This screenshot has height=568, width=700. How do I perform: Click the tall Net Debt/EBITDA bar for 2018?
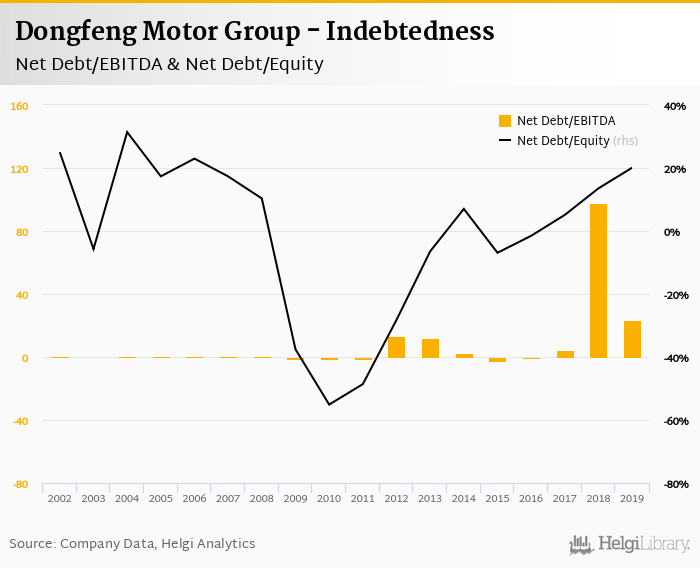(x=598, y=281)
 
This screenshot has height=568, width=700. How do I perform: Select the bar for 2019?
(x=632, y=340)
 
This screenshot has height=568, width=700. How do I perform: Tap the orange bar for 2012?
(x=396, y=348)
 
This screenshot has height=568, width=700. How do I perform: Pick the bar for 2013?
(x=430, y=349)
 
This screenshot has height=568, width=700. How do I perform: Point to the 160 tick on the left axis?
(x=20, y=106)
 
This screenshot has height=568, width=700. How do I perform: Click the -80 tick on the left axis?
(x=20, y=484)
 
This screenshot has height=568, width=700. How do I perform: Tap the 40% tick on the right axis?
(x=674, y=106)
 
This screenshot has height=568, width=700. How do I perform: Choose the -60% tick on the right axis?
(x=673, y=421)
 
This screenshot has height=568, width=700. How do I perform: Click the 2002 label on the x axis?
(x=59, y=498)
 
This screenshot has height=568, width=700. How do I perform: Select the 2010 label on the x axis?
(x=329, y=498)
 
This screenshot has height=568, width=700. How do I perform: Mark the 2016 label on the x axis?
(x=531, y=498)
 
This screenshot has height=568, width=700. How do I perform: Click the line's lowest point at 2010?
(x=329, y=405)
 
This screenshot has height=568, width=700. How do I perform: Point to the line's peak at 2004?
(x=127, y=132)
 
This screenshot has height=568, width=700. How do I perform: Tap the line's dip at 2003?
(x=93, y=249)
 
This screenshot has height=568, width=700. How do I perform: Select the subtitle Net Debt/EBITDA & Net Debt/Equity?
(x=170, y=64)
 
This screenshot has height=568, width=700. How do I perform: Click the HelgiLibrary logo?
(x=630, y=544)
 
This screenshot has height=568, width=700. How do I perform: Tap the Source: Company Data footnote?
(x=133, y=544)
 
